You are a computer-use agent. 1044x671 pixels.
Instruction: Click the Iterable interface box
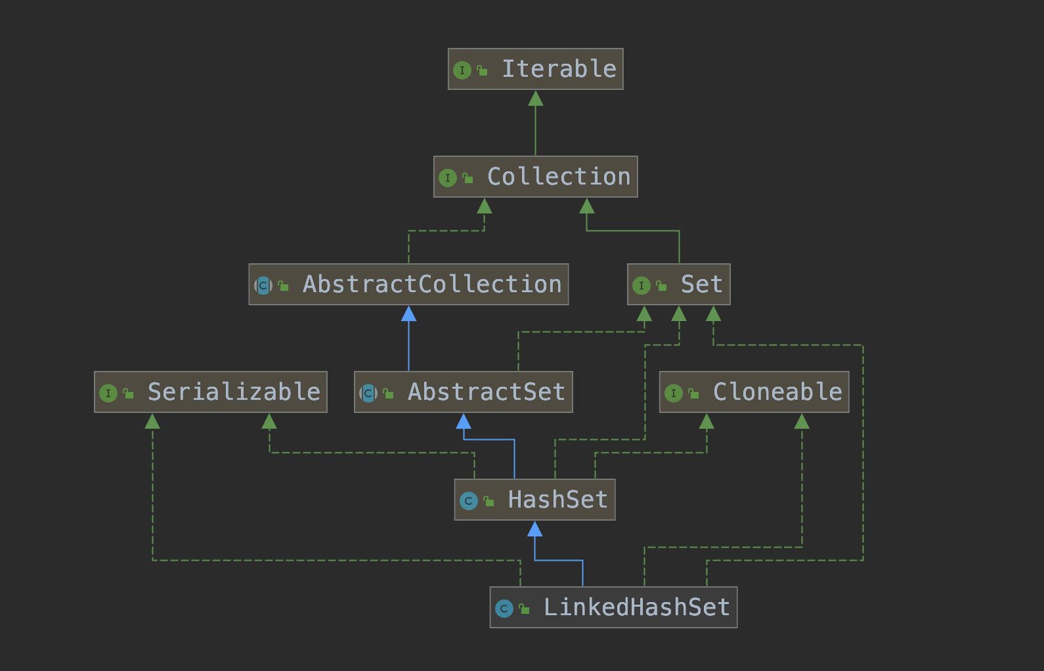coord(535,69)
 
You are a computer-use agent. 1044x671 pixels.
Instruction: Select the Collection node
coord(535,177)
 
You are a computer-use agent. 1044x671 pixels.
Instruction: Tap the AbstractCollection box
coord(408,284)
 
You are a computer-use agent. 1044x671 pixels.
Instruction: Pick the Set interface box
coord(678,284)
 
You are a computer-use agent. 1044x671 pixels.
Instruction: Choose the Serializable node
coord(210,392)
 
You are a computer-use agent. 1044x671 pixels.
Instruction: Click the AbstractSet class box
coord(463,392)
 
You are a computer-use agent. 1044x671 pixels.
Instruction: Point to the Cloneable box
coord(754,392)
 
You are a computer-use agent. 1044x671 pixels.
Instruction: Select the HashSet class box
coord(534,500)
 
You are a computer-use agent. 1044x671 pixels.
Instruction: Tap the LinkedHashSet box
coord(613,607)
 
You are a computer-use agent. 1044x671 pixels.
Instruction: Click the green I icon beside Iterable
coord(462,70)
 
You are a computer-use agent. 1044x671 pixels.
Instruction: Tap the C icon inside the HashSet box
coord(468,501)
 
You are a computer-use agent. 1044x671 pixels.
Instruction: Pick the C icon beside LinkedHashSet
coord(504,609)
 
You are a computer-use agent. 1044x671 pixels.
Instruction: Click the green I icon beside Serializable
coord(108,393)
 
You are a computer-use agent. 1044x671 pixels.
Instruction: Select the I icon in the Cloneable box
coord(673,393)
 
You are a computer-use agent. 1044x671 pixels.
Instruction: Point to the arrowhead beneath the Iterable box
coord(536,98)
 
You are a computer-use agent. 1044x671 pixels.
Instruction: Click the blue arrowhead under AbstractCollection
coord(408,314)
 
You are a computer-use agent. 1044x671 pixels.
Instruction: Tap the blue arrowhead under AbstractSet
coord(464,422)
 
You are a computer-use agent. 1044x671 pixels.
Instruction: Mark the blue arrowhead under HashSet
coord(535,529)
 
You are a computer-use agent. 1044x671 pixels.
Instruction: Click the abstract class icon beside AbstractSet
coord(368,393)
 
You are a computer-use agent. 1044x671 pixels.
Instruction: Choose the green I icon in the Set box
coord(641,286)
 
